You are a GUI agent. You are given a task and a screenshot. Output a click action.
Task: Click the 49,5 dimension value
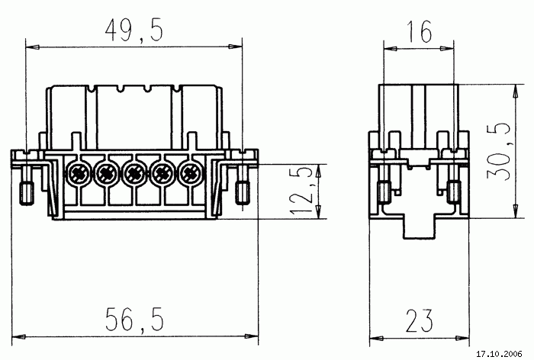(x=133, y=31)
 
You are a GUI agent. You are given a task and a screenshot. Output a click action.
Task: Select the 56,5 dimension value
(x=134, y=319)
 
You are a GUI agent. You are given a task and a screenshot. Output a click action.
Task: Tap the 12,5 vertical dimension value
(x=301, y=191)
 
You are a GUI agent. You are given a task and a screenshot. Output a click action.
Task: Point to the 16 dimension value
(x=420, y=31)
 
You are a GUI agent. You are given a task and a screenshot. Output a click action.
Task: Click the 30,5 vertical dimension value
(x=499, y=152)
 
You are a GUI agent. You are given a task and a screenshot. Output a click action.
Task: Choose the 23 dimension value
(x=420, y=320)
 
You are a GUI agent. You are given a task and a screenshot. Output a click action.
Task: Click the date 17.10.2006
(x=499, y=354)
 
